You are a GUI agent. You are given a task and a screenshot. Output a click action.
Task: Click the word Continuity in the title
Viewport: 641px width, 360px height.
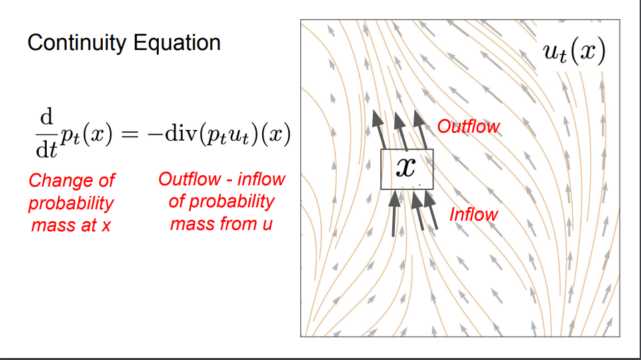(77, 43)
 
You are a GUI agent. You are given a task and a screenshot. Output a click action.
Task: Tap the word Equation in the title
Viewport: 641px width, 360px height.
(177, 43)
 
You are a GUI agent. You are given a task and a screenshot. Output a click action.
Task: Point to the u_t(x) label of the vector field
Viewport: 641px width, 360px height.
(574, 52)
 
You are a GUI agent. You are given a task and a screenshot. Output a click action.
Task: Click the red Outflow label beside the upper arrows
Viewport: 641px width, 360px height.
(468, 127)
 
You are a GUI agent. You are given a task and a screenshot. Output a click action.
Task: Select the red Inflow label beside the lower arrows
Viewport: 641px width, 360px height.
(474, 215)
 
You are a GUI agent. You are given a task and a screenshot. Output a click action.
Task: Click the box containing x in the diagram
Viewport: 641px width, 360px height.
(407, 169)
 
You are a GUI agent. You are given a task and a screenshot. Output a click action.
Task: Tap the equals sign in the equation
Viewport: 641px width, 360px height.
(130, 133)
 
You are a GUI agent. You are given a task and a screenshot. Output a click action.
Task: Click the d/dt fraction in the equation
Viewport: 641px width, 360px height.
(47, 133)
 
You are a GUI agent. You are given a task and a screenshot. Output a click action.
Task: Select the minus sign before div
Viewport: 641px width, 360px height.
(155, 134)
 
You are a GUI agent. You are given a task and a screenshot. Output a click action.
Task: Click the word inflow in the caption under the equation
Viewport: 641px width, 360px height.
(261, 179)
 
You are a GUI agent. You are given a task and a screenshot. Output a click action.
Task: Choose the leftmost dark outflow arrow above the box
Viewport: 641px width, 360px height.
(379, 129)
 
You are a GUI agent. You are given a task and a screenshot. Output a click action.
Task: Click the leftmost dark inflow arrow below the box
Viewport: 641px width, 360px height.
(394, 213)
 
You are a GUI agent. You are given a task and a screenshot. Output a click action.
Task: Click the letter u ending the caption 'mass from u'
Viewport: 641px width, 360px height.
(267, 225)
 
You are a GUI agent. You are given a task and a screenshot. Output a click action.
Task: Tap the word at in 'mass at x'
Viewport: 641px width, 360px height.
(89, 225)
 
